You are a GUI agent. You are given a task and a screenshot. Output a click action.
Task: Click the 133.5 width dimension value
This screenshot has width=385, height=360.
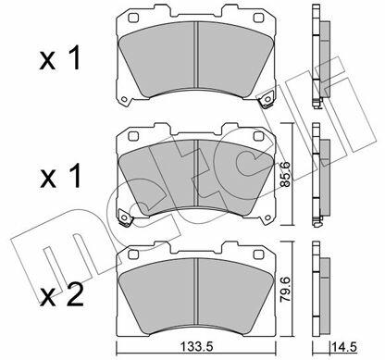(195, 347)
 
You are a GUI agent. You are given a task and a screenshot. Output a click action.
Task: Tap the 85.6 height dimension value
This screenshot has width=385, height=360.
(286, 174)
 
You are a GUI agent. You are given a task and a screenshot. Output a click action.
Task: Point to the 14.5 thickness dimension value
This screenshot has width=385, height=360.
(344, 347)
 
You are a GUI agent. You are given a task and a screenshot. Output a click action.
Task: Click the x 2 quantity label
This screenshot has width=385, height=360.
(62, 296)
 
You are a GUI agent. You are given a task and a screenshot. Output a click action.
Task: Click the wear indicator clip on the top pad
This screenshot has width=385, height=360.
(266, 99)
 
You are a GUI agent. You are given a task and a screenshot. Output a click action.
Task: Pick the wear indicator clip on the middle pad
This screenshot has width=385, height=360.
(125, 217)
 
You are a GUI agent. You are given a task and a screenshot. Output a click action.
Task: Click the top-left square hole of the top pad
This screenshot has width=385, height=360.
(133, 18)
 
